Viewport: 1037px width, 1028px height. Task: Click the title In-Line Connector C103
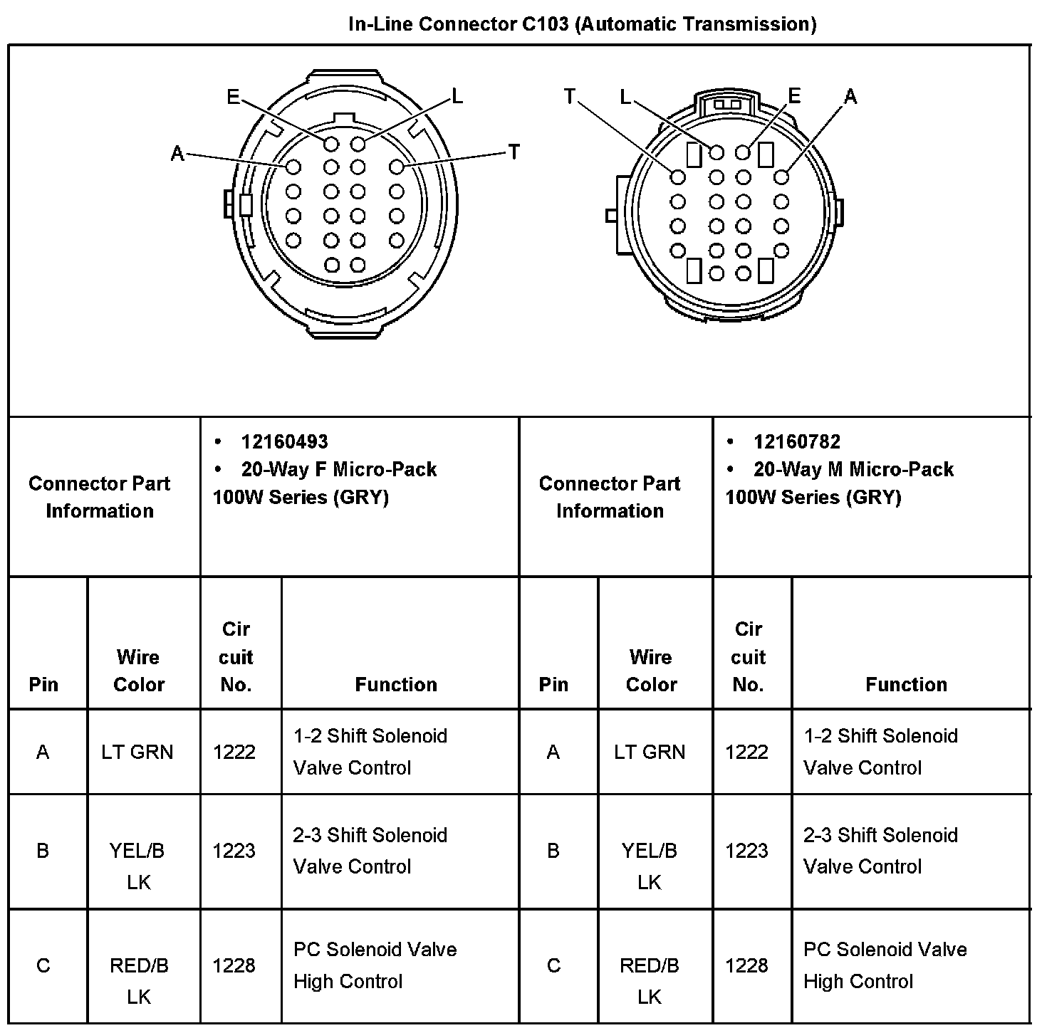pyautogui.click(x=582, y=24)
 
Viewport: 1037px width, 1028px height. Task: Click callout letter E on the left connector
pyautogui.click(x=234, y=97)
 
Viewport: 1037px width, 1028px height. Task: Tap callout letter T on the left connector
pyautogui.click(x=514, y=152)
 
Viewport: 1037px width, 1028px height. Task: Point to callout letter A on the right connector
pyautogui.click(x=850, y=97)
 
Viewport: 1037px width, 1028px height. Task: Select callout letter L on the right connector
pyautogui.click(x=625, y=97)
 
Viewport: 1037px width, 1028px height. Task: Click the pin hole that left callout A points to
pyautogui.click(x=293, y=167)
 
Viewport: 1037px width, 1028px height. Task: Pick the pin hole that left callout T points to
pyautogui.click(x=397, y=167)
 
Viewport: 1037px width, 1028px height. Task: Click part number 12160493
pyautogui.click(x=284, y=442)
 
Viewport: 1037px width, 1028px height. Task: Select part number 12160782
pyautogui.click(x=797, y=442)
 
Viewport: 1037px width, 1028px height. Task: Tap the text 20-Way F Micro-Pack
pyautogui.click(x=338, y=469)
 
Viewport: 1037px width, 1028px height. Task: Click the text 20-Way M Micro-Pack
pyautogui.click(x=853, y=469)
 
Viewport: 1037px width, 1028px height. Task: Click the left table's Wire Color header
pyautogui.click(x=139, y=670)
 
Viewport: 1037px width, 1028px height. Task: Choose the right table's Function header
pyautogui.click(x=906, y=684)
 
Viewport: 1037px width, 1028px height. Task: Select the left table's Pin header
pyautogui.click(x=43, y=684)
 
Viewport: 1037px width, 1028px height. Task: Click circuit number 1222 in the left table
pyautogui.click(x=234, y=752)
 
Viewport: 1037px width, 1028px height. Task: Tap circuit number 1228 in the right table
pyautogui.click(x=747, y=965)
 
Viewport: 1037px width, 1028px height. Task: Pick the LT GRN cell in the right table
pyautogui.click(x=650, y=752)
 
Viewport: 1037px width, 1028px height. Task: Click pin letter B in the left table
pyautogui.click(x=43, y=851)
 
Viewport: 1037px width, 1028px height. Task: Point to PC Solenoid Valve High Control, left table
pyautogui.click(x=375, y=965)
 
